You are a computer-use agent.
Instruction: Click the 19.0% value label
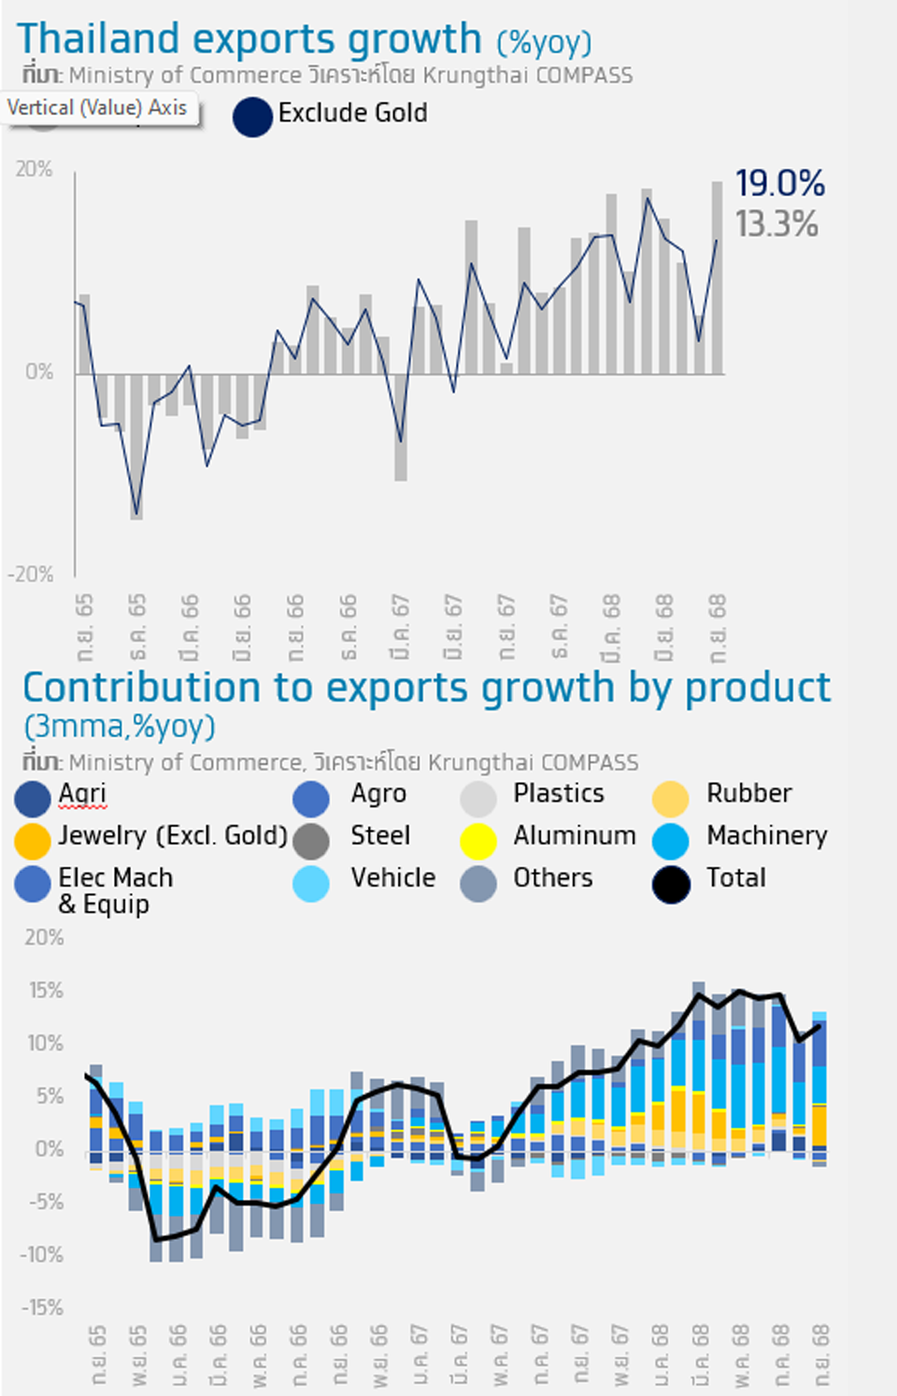click(779, 184)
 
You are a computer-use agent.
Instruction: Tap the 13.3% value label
click(776, 225)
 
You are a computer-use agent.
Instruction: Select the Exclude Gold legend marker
click(252, 118)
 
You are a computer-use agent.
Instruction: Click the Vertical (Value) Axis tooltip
click(97, 108)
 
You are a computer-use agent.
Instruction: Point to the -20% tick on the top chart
click(31, 575)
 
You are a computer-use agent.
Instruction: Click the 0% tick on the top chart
click(39, 372)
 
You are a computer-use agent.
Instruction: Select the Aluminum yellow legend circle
click(477, 841)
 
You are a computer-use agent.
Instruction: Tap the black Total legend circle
click(671, 884)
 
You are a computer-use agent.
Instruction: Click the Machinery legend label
click(766, 835)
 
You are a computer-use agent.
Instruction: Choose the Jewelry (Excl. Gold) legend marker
click(32, 841)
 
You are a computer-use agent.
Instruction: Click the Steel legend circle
click(311, 841)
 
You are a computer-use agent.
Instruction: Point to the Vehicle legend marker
click(311, 884)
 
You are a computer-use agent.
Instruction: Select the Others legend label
click(552, 878)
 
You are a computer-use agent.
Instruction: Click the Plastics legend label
click(558, 793)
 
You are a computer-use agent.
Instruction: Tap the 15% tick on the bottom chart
click(46, 990)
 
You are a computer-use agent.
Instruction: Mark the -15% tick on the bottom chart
click(42, 1308)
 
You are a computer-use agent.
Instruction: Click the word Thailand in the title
click(98, 39)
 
